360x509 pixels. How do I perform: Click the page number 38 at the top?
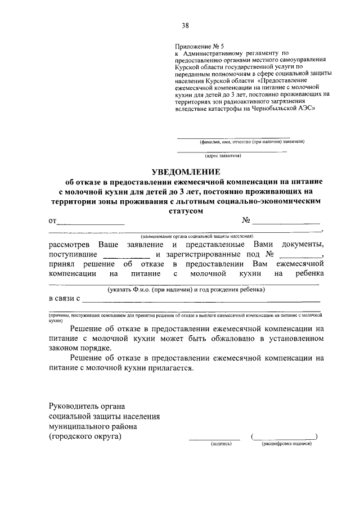tap(185, 25)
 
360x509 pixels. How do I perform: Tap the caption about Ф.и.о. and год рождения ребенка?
tap(186, 290)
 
